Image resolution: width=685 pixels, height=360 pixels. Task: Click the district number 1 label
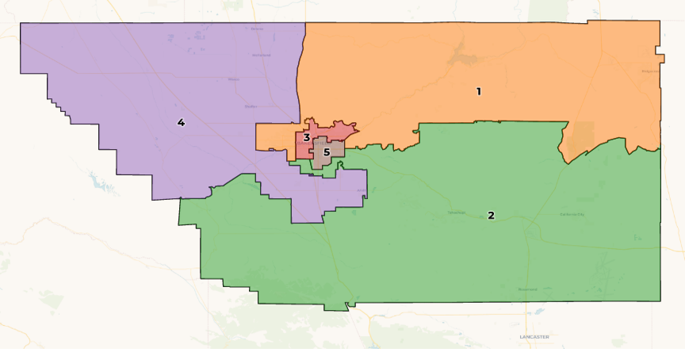click(x=478, y=91)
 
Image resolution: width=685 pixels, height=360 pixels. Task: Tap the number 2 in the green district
click(x=491, y=215)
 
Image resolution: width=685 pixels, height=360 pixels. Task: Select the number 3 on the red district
click(x=306, y=138)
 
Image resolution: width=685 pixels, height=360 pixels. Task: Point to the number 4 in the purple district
click(x=181, y=122)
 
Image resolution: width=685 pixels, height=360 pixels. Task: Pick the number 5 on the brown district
click(x=326, y=151)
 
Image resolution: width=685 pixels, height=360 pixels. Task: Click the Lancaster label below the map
click(x=534, y=337)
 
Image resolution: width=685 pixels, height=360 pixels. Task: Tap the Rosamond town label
click(x=527, y=289)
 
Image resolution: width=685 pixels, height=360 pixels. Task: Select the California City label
click(x=572, y=214)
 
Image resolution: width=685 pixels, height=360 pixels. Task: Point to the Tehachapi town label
click(x=457, y=213)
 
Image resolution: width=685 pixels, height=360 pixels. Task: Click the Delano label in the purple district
click(x=257, y=29)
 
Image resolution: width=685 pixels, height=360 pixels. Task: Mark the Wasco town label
click(x=233, y=79)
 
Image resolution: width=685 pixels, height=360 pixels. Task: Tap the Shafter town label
click(x=251, y=105)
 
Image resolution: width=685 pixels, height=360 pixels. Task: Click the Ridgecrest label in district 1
click(x=650, y=71)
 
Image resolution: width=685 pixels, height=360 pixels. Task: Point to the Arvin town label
click(x=361, y=190)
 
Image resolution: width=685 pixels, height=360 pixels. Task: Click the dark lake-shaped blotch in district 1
click(x=457, y=56)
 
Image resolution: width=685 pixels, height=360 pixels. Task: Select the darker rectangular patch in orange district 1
click(x=582, y=136)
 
